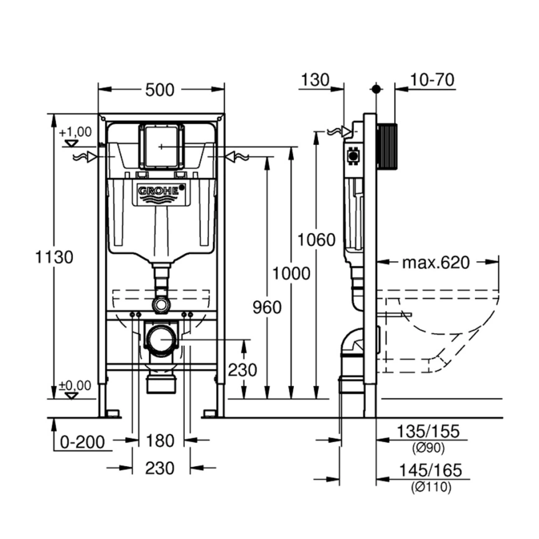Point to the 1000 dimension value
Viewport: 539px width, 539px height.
290,273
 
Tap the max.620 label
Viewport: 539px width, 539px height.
434,263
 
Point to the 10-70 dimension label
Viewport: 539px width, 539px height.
433,80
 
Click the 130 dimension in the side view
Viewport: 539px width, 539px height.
315,80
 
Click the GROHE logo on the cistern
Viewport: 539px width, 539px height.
161,192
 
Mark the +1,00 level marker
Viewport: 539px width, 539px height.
75,132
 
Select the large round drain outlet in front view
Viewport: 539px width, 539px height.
161,340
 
